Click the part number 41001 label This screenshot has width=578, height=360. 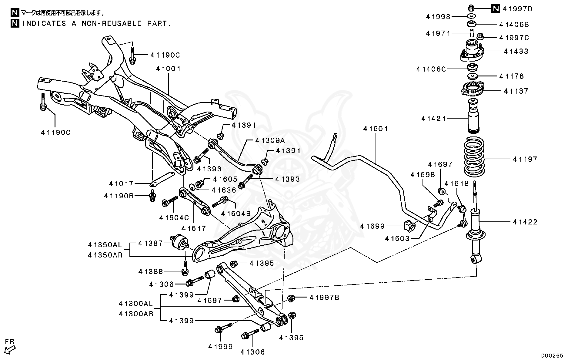pyautogui.click(x=168, y=69)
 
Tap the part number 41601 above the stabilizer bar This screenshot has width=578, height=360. pyautogui.click(x=376, y=129)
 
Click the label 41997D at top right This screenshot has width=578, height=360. pyautogui.click(x=517, y=9)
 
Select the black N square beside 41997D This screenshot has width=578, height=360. pyautogui.click(x=495, y=9)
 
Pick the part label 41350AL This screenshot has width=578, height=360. pyautogui.click(x=105, y=244)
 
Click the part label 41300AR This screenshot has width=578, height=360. pyautogui.click(x=136, y=314)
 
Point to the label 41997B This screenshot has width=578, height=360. pyautogui.click(x=324, y=298)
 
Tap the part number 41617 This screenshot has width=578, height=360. pyautogui.click(x=194, y=228)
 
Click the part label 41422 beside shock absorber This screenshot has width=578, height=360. pyautogui.click(x=525, y=222)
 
